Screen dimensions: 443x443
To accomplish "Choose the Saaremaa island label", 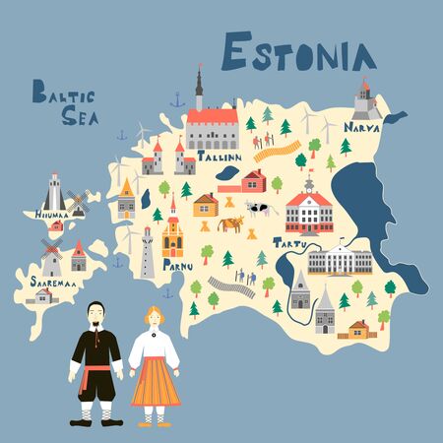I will [46, 283].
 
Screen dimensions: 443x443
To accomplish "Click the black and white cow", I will [261, 208].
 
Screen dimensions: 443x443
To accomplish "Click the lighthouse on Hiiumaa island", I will [54, 191].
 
